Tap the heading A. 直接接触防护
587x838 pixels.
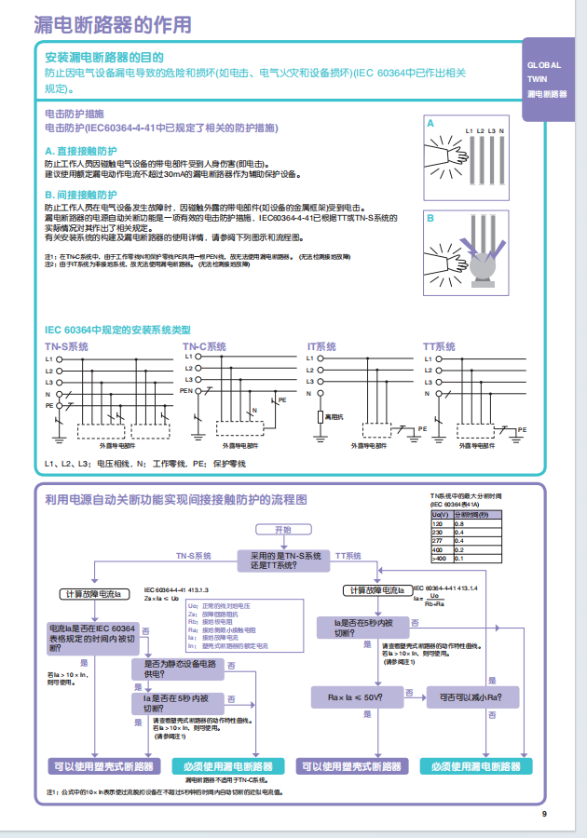81,150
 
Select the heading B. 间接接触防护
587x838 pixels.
81,195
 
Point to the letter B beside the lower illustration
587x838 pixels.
430,218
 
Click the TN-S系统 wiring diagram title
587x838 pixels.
66,346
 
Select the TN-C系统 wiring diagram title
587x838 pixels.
204,346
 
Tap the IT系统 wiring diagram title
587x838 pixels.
321,346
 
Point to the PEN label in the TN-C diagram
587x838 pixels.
186,393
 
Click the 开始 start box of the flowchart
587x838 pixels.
281,530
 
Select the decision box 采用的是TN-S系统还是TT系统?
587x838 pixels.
281,560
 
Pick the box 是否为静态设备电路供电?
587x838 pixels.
182,668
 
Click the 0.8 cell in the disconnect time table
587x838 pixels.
459,525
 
